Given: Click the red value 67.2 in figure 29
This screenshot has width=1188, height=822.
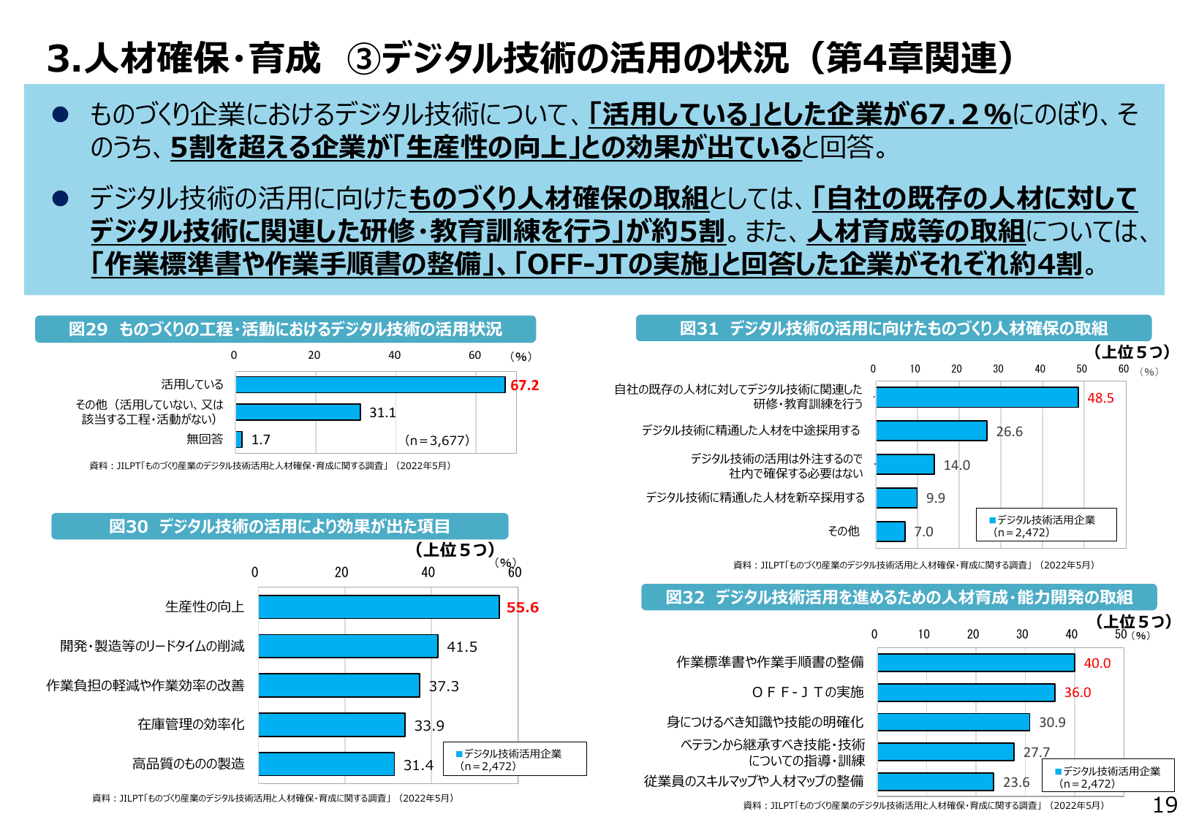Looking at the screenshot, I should pos(524,385).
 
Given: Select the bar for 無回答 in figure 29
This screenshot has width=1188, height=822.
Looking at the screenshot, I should pos(239,439).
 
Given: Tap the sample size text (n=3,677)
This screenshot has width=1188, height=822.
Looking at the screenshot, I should pos(437,440).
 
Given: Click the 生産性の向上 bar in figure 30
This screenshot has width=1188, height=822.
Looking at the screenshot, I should pos(379,607).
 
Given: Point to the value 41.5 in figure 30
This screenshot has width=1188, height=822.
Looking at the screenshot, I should pos(461,647).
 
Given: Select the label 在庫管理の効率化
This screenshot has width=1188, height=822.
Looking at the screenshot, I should pos(191,724).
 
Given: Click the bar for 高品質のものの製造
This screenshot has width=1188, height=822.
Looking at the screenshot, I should pos(326,764).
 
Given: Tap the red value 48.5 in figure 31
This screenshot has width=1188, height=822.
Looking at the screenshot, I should pos(1100,398).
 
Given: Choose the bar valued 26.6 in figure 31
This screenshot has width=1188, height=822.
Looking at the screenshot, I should pos(931,431).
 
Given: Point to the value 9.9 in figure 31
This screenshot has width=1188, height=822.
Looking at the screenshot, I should pos(935,498).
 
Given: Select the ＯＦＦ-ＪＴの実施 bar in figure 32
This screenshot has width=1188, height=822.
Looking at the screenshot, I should pos(965,693).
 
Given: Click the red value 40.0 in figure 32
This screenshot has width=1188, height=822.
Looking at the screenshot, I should pos(1097,663).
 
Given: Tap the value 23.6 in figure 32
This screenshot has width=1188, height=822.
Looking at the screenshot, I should pos(1015,783).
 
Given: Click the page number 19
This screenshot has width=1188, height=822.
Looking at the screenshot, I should pos(1165,805).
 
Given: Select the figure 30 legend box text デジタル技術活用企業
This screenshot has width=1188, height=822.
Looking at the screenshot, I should pos(512,753).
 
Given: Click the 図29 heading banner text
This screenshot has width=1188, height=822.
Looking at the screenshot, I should pos(285,330).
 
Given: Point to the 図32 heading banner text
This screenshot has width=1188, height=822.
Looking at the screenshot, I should pos(898,598).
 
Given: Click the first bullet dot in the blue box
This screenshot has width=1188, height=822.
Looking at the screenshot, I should pos(60,114).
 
